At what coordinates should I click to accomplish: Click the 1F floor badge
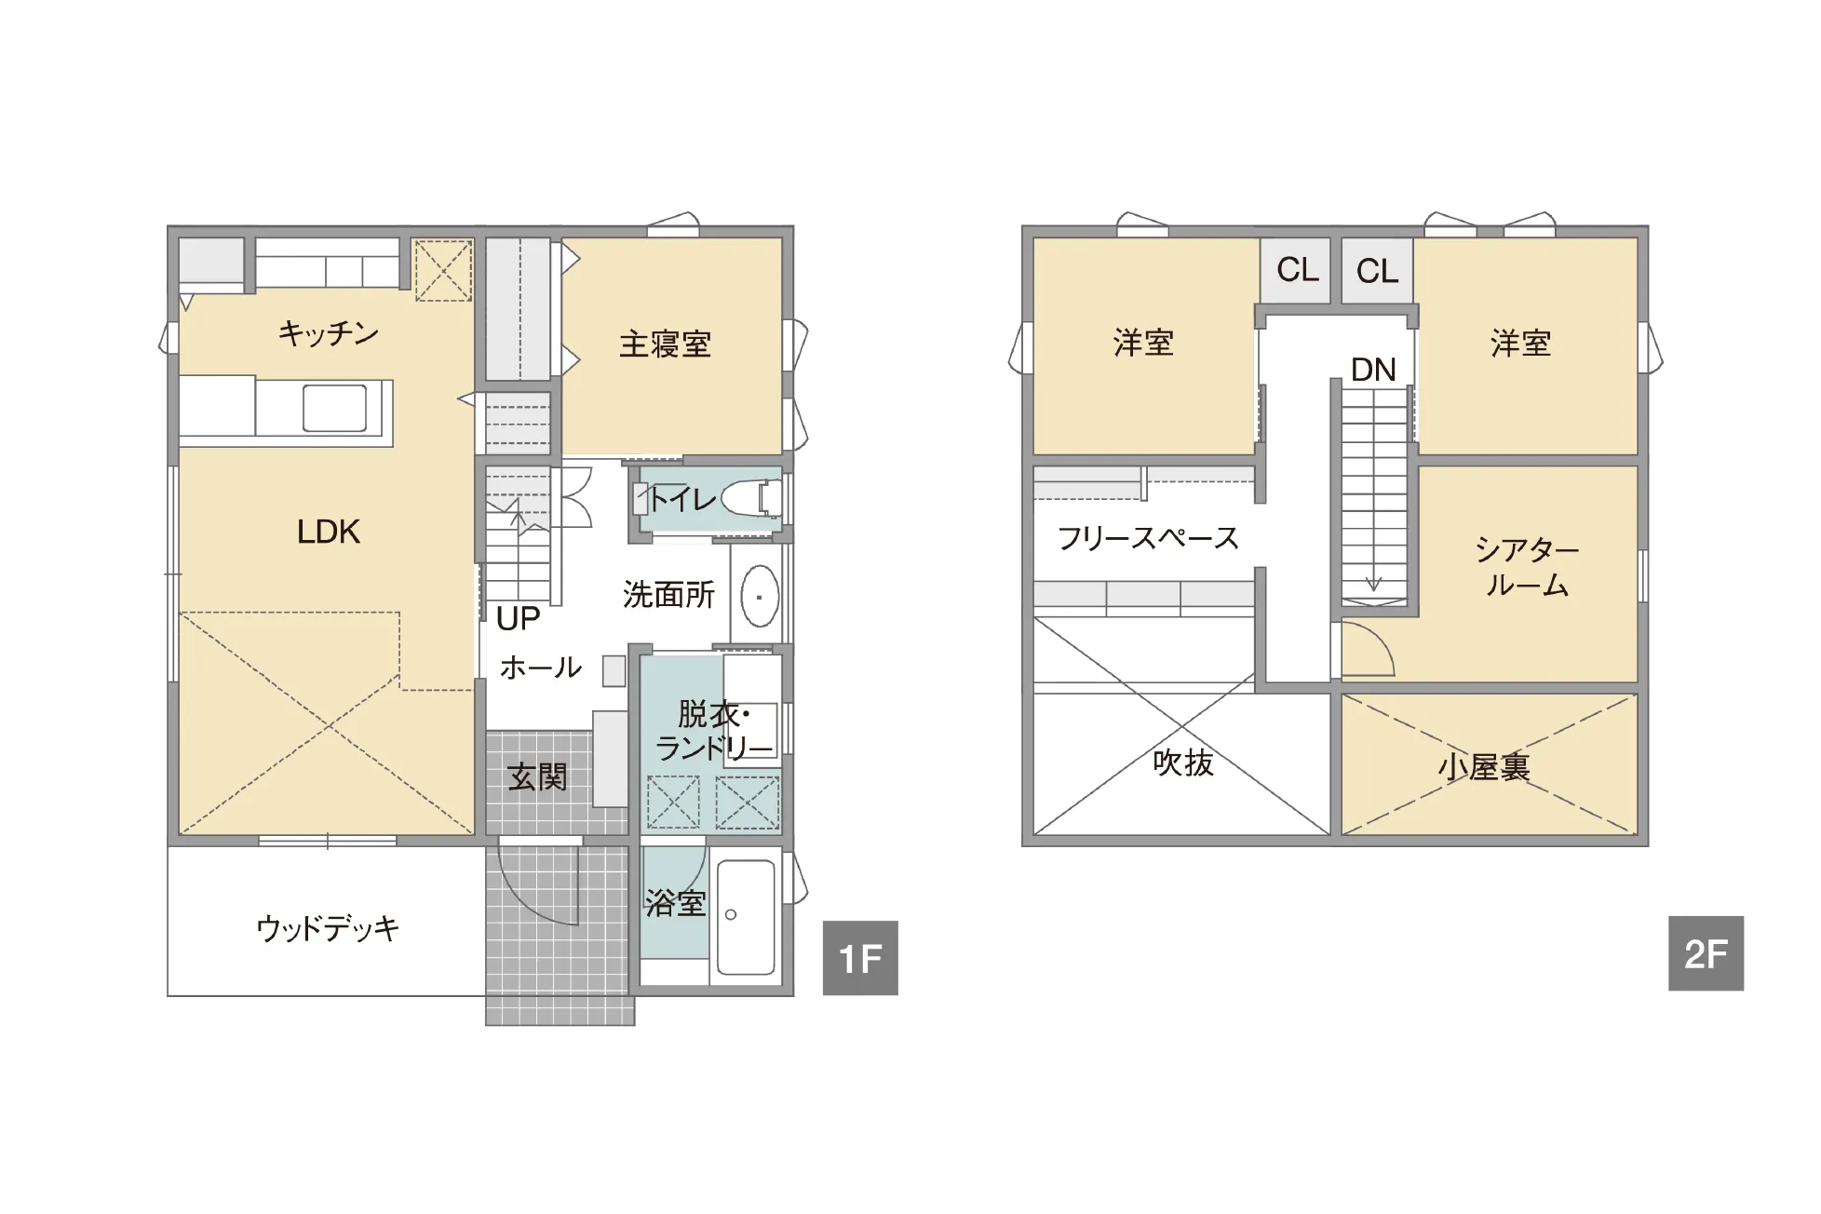click(x=860, y=957)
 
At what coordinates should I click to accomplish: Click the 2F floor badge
click(x=1706, y=953)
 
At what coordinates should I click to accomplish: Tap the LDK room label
click(x=328, y=532)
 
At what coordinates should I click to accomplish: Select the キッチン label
click(x=328, y=332)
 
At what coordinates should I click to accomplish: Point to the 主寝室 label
click(x=665, y=344)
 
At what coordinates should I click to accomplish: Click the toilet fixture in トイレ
click(x=752, y=498)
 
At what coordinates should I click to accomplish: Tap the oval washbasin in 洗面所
click(x=760, y=596)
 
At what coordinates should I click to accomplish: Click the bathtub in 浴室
click(x=746, y=916)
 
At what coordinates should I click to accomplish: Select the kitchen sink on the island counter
click(x=334, y=408)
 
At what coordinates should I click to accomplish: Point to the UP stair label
click(x=518, y=618)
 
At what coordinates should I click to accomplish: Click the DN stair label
click(x=1373, y=370)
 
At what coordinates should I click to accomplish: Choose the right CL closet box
click(x=1377, y=270)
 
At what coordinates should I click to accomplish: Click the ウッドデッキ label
click(x=328, y=927)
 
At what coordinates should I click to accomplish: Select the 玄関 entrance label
click(x=537, y=776)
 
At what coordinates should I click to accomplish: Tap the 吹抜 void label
click(x=1183, y=762)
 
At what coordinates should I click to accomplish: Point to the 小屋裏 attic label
click(x=1484, y=767)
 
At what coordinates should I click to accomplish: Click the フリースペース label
click(x=1148, y=538)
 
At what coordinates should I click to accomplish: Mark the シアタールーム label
click(x=1527, y=566)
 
